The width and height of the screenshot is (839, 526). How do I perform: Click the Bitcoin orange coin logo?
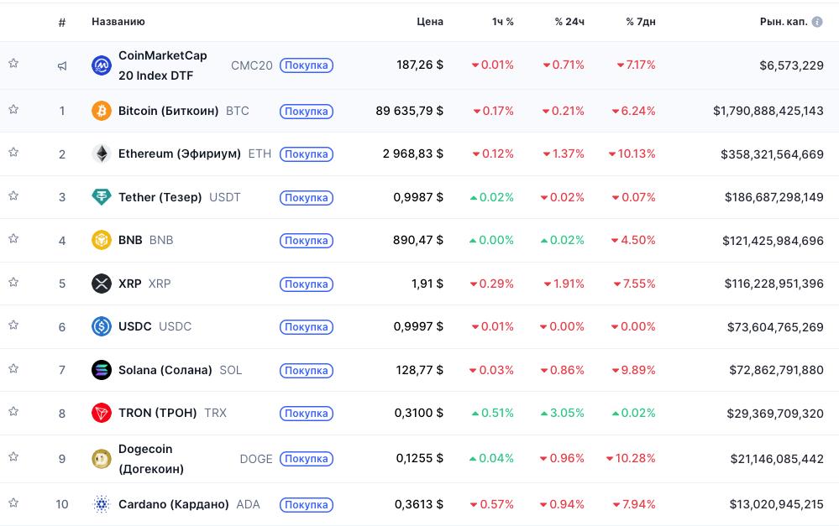pyautogui.click(x=101, y=111)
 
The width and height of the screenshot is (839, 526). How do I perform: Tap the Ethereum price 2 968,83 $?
pyautogui.click(x=412, y=154)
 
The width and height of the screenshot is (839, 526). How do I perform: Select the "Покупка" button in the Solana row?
pyautogui.click(x=306, y=371)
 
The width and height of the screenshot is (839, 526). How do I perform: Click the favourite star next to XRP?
pyautogui.click(x=13, y=282)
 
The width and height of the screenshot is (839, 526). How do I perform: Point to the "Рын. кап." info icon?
pyautogui.click(x=816, y=22)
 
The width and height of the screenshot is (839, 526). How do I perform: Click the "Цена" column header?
pyautogui.click(x=429, y=22)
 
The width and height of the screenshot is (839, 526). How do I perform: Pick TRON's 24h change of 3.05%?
pyautogui.click(x=563, y=414)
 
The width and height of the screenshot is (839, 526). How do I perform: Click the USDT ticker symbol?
pyautogui.click(x=224, y=198)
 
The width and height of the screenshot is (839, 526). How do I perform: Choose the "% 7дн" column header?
pyautogui.click(x=640, y=22)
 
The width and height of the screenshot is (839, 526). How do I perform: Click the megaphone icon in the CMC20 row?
pyautogui.click(x=62, y=65)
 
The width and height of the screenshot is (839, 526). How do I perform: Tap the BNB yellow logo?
pyautogui.click(x=101, y=241)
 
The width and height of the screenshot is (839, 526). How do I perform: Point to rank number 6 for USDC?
pyautogui.click(x=62, y=327)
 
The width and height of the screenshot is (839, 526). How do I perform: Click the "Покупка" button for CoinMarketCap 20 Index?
pyautogui.click(x=306, y=65)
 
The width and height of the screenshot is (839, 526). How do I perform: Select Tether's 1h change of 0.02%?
pyautogui.click(x=492, y=198)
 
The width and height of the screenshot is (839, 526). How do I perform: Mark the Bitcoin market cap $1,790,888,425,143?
pyautogui.click(x=768, y=111)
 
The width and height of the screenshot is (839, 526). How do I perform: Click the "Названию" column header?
pyautogui.click(x=118, y=22)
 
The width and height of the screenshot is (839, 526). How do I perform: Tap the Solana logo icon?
pyautogui.click(x=101, y=370)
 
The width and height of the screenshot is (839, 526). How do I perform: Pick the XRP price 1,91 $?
pyautogui.click(x=427, y=284)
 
